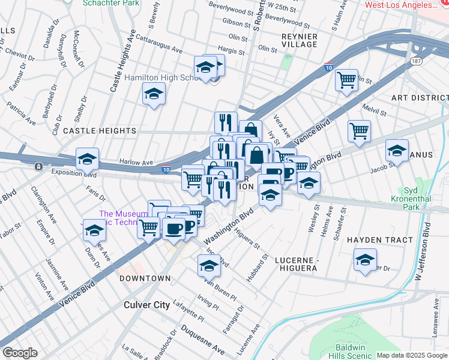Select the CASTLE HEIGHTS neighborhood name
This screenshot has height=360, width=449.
click(x=100, y=130)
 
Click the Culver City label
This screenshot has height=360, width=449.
click(x=146, y=305)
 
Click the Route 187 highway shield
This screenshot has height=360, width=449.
click(x=416, y=62)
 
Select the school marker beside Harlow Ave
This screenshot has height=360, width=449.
click(x=88, y=160)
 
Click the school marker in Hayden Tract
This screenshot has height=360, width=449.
click(x=364, y=260)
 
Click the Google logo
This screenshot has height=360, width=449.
click(x=19, y=353)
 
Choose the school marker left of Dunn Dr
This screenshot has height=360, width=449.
click(x=94, y=231)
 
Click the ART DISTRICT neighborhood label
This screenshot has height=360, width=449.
click(x=420, y=98)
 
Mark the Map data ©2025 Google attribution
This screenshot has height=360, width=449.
click(x=411, y=355)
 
